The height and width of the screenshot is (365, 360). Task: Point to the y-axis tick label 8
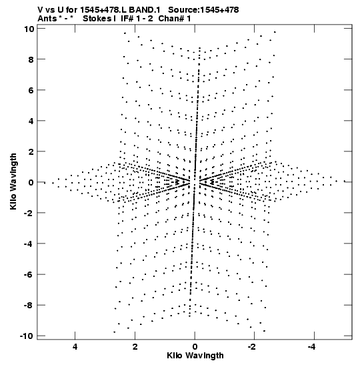pyautogui.click(x=31, y=59)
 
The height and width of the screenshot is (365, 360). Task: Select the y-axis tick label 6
pyautogui.click(x=31, y=90)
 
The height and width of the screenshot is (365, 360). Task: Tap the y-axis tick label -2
pyautogui.click(x=29, y=213)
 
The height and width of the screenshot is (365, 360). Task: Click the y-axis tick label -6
pyautogui.click(x=29, y=274)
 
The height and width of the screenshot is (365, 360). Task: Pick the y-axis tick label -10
pyautogui.click(x=27, y=336)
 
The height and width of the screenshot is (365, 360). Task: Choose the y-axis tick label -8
pyautogui.click(x=29, y=305)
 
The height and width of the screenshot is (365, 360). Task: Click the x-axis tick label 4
pyautogui.click(x=75, y=346)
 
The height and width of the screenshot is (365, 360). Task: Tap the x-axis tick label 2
pyautogui.click(x=135, y=346)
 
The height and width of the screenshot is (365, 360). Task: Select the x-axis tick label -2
pyautogui.click(x=251, y=346)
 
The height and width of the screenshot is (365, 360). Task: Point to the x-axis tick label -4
pyautogui.click(x=311, y=346)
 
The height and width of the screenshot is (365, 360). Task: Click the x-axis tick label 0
pyautogui.click(x=195, y=346)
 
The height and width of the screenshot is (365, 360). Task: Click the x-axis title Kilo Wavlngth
pyautogui.click(x=195, y=356)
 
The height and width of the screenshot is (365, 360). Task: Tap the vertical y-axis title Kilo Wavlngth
pyautogui.click(x=13, y=181)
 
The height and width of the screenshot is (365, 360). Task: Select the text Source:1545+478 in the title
pyautogui.click(x=203, y=10)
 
